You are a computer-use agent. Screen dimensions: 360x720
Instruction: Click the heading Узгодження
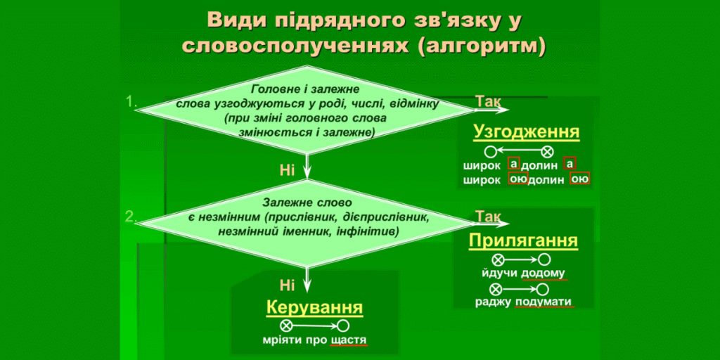pyautogui.click(x=527, y=132)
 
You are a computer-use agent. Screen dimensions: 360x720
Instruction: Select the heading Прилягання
pyautogui.click(x=523, y=241)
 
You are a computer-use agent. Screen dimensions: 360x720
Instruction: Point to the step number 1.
pyautogui.click(x=131, y=102)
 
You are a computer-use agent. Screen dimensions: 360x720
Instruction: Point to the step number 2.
pyautogui.click(x=131, y=217)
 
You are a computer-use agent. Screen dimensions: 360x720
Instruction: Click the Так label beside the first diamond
pyautogui.click(x=488, y=101)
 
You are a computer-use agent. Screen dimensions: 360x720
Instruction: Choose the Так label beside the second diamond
pyautogui.click(x=488, y=216)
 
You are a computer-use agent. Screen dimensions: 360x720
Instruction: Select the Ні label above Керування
pyautogui.click(x=287, y=285)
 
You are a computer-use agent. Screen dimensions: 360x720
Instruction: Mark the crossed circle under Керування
pyautogui.click(x=286, y=326)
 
